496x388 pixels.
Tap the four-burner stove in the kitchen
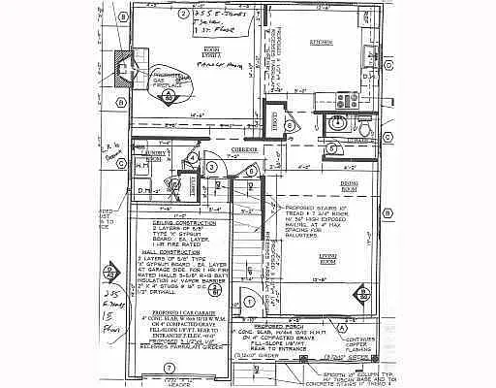coord(348,99)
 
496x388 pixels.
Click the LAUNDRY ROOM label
coord(152,153)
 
